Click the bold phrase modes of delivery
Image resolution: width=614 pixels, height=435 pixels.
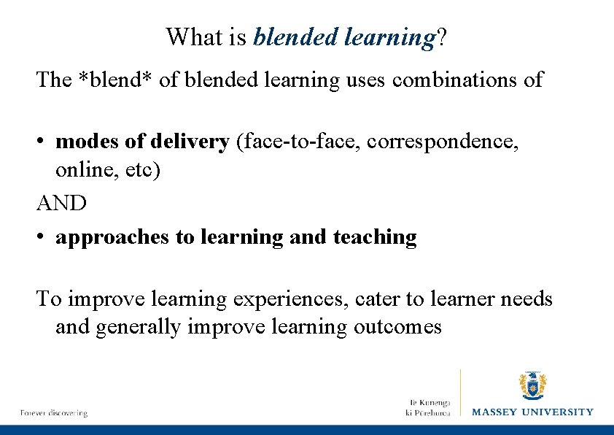point(142,142)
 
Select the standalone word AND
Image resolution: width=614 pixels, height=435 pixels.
point(62,202)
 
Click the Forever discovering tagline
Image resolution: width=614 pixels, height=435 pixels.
point(54,413)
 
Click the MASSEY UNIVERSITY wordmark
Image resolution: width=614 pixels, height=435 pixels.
point(532,412)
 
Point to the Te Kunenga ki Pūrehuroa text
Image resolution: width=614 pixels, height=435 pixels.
point(430,407)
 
